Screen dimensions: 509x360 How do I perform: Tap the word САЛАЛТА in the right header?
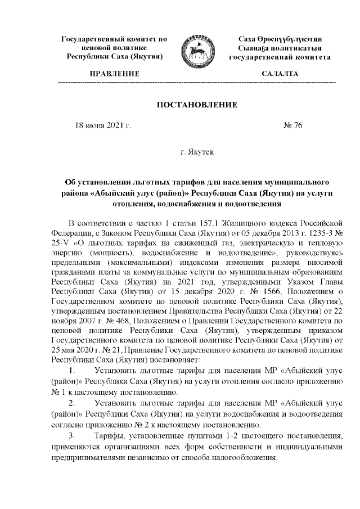click(x=280, y=74)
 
